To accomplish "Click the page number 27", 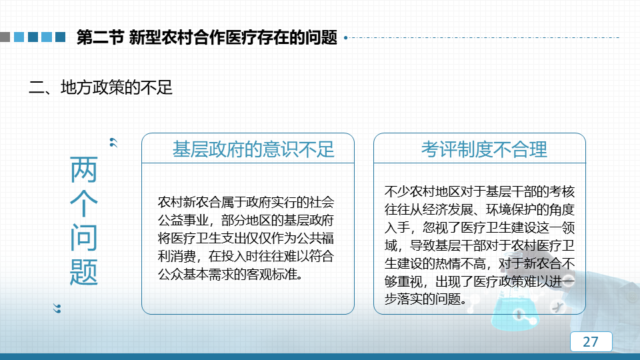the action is click(x=591, y=341).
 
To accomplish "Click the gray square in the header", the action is click(x=5, y=37).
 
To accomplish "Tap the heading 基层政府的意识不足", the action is click(x=253, y=149).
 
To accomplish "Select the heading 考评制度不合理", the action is click(x=484, y=149).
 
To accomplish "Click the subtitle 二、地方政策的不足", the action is click(x=101, y=87).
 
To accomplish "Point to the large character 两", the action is click(x=84, y=169).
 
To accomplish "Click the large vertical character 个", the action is click(x=84, y=203).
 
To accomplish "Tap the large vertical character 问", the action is click(x=84, y=237).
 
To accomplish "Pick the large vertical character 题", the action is click(x=84, y=272).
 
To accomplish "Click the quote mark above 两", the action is click(x=113, y=143).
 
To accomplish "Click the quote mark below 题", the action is click(x=57, y=309).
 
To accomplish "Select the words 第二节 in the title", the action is click(x=100, y=37).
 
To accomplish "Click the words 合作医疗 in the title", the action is click(x=225, y=37).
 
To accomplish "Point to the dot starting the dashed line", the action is click(x=346, y=37).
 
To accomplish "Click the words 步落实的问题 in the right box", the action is click(x=423, y=299).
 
